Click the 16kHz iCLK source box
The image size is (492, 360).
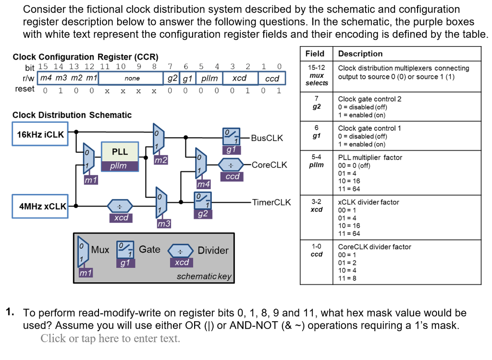tap(40, 135)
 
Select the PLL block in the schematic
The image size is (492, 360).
tap(120, 152)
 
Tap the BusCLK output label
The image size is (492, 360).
tap(267, 138)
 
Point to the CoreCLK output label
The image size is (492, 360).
tap(269, 165)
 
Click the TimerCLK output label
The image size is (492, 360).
tap(271, 202)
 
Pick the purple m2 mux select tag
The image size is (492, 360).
tap(161, 160)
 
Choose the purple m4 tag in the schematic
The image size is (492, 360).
tap(204, 184)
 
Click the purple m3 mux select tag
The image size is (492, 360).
tap(164, 224)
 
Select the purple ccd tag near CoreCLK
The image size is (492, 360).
tap(233, 177)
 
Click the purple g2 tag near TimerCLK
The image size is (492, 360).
tap(203, 214)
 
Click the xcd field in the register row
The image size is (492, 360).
tap(239, 78)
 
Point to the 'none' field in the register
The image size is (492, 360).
tap(132, 78)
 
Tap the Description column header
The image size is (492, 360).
tap(360, 54)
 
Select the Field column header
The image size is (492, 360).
tap(315, 54)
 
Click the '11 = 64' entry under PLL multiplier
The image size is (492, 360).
tap(348, 189)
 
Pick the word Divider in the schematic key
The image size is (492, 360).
tap(213, 250)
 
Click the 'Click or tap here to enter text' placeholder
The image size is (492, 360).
tap(110, 338)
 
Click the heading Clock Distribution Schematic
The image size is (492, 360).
tap(72, 115)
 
